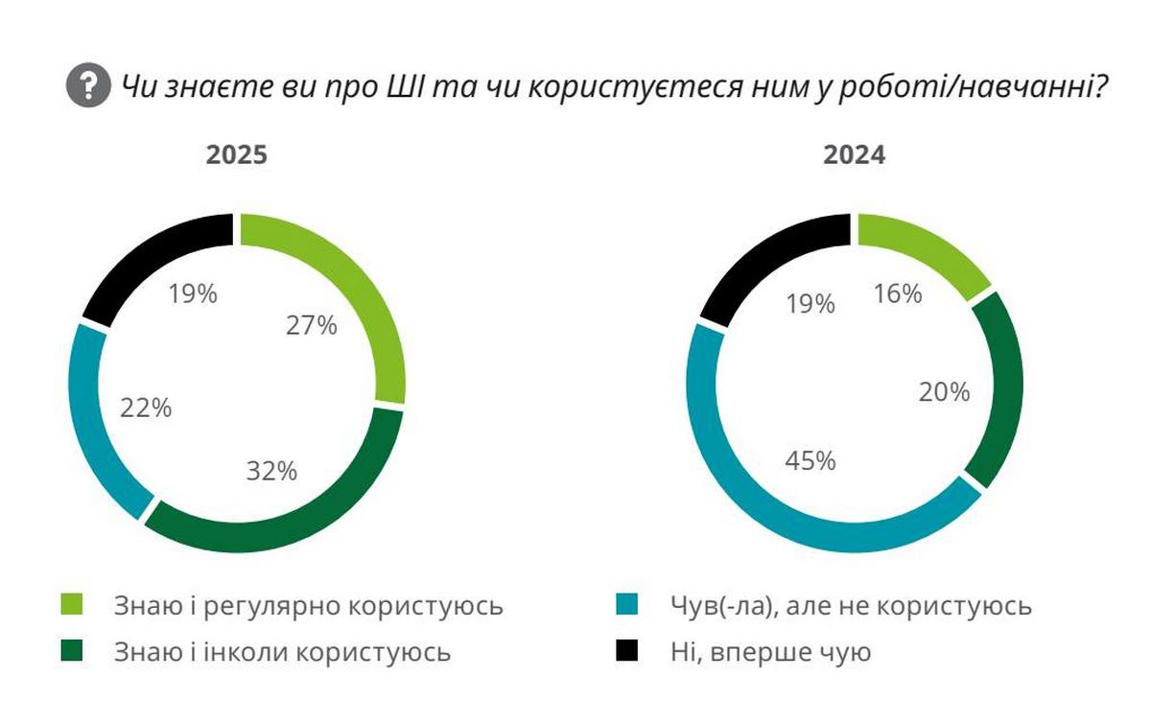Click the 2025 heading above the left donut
point(236,155)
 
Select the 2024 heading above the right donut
point(854,155)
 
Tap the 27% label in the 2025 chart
point(312,326)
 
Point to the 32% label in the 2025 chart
point(271,471)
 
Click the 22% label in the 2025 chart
point(146,408)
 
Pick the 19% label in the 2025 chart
point(193,293)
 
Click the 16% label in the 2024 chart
point(898,293)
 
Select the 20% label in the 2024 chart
point(946,392)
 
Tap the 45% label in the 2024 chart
point(810,460)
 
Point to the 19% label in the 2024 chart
point(810,304)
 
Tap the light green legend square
point(73,605)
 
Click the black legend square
point(625,653)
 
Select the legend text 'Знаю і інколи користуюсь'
point(282,653)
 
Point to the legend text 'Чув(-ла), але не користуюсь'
point(848,605)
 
